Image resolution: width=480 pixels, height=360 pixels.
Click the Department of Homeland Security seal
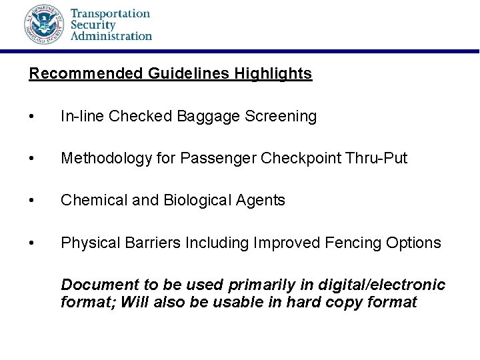[44, 25]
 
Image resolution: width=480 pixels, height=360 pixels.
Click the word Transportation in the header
[111, 13]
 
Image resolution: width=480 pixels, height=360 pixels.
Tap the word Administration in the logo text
[111, 35]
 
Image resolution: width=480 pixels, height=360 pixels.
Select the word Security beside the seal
[94, 24]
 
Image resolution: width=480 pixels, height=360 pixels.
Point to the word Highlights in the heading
[273, 73]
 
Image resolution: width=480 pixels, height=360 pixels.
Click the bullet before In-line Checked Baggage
[32, 117]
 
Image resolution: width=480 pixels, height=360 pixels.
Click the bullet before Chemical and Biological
[32, 201]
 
